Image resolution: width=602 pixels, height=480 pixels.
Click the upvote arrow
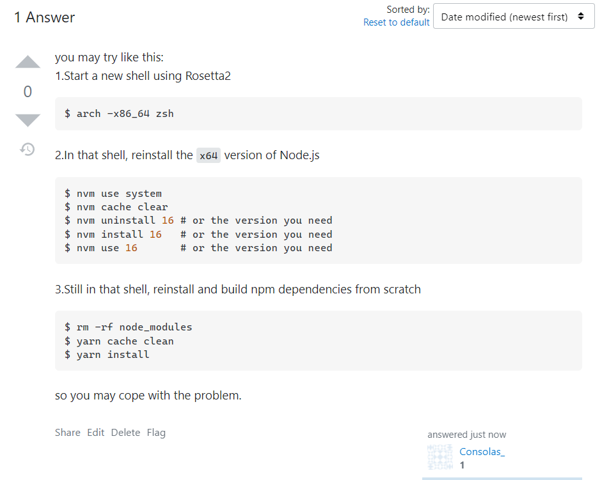click(28, 63)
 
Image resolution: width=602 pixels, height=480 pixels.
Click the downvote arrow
click(28, 120)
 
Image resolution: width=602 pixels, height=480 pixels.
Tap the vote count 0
click(28, 92)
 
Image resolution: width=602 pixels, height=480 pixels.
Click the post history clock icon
click(28, 150)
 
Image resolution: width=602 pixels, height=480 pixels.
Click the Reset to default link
click(396, 22)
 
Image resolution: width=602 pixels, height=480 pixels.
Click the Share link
click(67, 433)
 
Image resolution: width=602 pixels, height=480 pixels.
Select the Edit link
click(96, 433)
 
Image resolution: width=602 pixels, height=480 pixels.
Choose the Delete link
click(125, 433)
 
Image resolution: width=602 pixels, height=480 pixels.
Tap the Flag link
click(156, 433)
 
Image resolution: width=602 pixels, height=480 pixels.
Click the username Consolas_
click(482, 452)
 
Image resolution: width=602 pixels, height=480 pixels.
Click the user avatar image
click(440, 458)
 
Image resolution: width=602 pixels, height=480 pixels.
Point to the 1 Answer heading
click(45, 17)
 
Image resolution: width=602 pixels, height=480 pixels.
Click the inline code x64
click(209, 155)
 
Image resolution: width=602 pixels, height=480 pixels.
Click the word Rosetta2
click(208, 76)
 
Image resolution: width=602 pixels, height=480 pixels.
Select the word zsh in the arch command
click(164, 114)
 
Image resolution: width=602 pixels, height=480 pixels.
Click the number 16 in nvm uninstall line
click(168, 221)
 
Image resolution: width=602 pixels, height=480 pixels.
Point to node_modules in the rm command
click(155, 327)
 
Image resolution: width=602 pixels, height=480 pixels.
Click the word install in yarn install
click(128, 354)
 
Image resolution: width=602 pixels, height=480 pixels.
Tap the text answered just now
click(466, 435)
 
